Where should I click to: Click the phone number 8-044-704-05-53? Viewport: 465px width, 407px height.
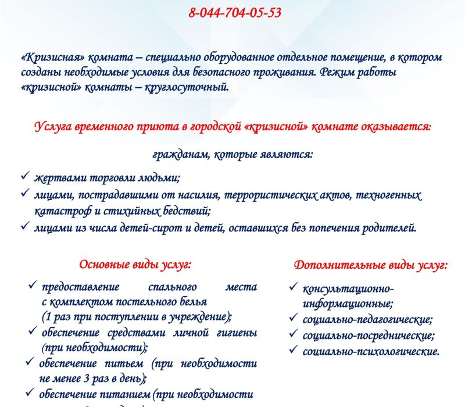point(235,13)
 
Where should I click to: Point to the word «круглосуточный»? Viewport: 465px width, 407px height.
point(186,88)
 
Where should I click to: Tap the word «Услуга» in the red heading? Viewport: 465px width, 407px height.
point(53,127)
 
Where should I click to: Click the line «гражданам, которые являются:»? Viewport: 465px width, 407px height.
point(233,155)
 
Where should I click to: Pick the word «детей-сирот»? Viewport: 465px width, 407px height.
point(144,227)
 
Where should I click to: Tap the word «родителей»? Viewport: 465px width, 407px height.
point(386,227)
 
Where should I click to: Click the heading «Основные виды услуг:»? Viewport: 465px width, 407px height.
point(135,265)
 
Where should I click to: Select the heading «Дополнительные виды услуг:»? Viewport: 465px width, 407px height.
point(370,265)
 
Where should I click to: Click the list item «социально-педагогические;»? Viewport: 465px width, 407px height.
point(367,319)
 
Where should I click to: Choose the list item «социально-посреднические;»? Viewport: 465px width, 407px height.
point(369,335)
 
